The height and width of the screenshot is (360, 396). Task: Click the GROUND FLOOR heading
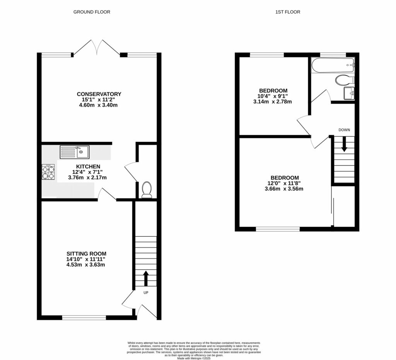[x=92, y=12]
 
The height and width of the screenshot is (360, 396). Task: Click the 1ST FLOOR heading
[x=288, y=12]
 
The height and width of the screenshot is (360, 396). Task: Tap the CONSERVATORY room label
[x=99, y=94]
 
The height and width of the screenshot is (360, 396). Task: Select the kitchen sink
[x=74, y=152]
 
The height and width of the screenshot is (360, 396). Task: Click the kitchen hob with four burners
[x=48, y=172]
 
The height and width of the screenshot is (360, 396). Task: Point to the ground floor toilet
[x=147, y=190]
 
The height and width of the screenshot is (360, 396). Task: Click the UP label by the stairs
[x=146, y=292]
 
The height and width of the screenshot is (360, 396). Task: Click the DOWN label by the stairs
[x=344, y=130]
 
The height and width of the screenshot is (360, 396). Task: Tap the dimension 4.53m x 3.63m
[x=85, y=265]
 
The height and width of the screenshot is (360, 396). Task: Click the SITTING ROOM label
[x=85, y=253]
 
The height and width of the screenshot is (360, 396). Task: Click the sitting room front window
[x=84, y=318]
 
